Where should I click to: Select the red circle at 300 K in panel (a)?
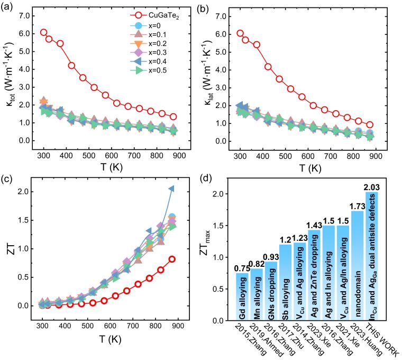pos(43,32)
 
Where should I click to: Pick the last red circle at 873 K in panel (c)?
pos(171,259)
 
